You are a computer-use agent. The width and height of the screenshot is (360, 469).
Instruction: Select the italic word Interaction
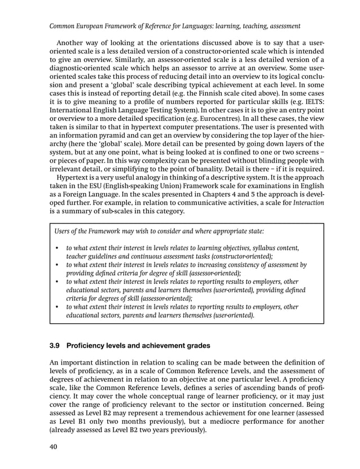click(x=308, y=202)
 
